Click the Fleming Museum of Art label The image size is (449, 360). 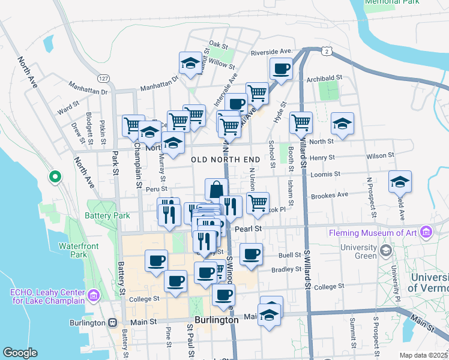pos(374,233)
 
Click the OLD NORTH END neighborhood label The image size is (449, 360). pos(225,159)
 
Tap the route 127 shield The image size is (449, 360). pos(104,79)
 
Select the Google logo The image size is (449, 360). pos(20,353)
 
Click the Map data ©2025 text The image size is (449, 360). pos(423,355)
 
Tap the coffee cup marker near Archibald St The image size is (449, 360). pos(280,68)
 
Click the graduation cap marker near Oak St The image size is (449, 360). pos(190,62)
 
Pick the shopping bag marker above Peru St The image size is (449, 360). pos(215,188)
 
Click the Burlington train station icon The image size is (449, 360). pos(112,322)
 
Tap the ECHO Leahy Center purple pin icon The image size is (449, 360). pos(93,295)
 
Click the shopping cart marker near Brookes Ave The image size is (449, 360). pos(258,202)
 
